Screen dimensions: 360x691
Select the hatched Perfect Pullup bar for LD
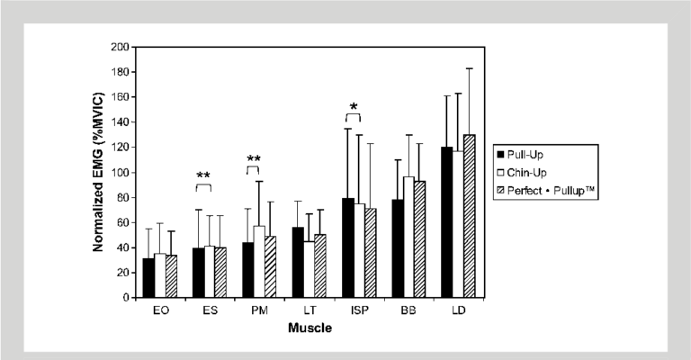(469, 216)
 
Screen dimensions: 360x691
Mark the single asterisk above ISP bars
(354, 107)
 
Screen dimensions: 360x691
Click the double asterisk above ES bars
(204, 175)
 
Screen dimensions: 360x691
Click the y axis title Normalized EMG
(99, 171)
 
